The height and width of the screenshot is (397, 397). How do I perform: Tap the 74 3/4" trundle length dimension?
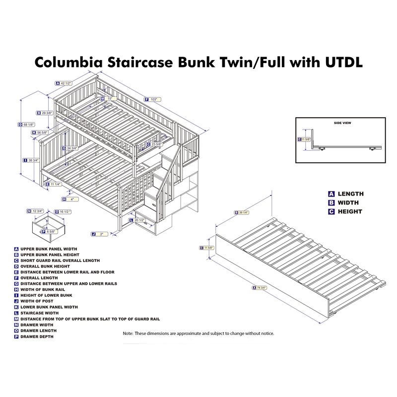coord(263,287)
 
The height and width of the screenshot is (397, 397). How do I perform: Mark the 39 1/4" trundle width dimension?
coord(244,213)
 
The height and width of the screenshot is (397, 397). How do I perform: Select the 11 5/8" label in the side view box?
coord(306,139)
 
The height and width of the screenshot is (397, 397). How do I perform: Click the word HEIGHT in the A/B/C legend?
coord(350,211)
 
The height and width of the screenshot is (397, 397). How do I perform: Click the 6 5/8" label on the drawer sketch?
coord(52,232)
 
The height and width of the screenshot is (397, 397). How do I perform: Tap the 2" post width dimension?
coord(101,233)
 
